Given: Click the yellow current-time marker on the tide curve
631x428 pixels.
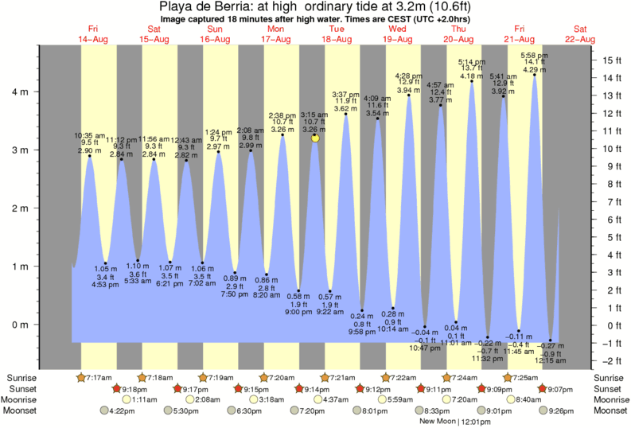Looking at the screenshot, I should (315, 138).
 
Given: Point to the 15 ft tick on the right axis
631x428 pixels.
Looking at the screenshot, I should (610, 60).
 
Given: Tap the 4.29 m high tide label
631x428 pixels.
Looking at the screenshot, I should (532, 71).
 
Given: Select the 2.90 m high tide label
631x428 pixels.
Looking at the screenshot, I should (89, 151).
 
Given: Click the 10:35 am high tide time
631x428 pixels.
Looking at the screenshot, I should (89, 136).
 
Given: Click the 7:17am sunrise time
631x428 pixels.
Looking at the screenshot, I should (98, 377).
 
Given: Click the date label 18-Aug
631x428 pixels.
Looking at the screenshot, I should (337, 39).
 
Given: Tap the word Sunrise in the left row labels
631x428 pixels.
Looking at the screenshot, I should (23, 377).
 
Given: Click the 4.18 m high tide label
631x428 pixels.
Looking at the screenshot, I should (472, 76).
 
